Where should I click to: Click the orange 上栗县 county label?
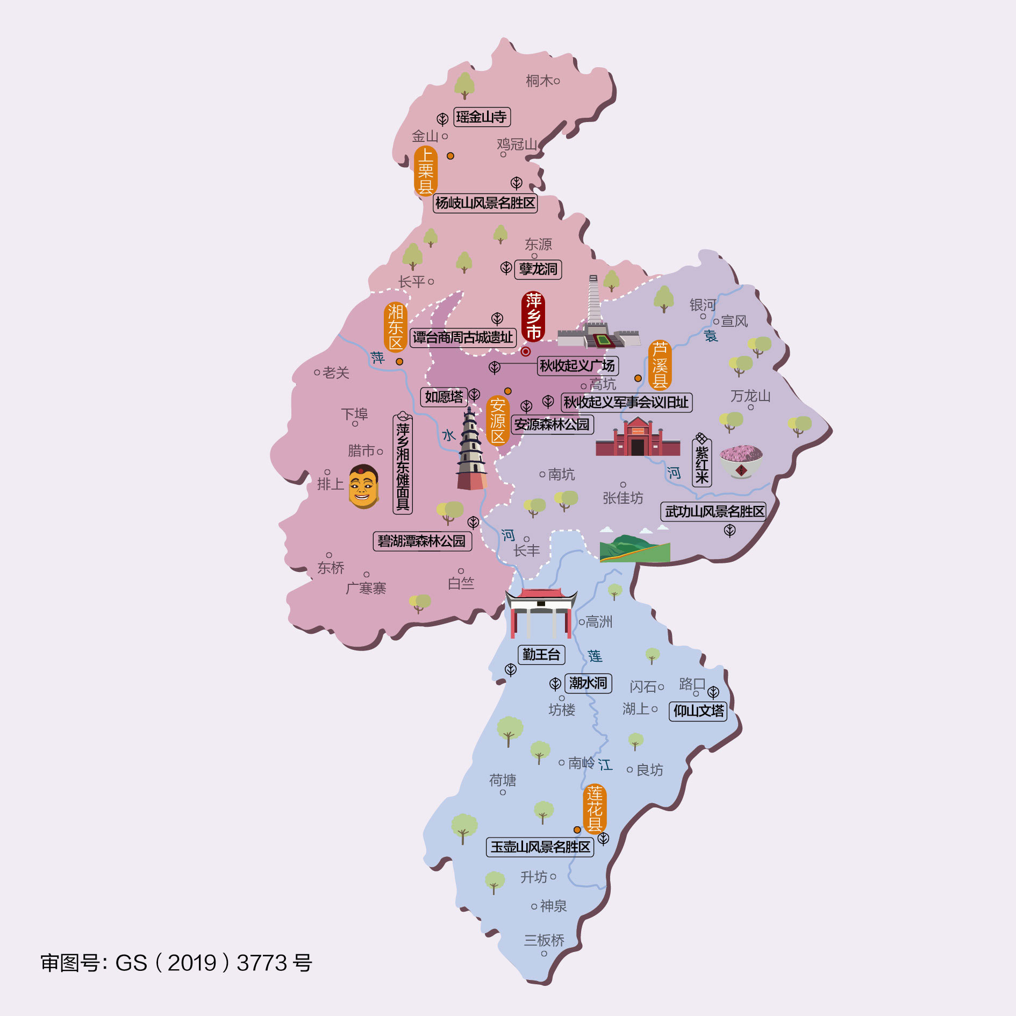(425, 171)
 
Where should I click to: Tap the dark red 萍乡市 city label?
(533, 317)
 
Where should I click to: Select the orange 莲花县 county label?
(595, 809)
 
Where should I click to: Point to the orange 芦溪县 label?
(660, 365)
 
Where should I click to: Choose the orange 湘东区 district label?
(396, 327)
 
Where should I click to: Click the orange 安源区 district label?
(498, 421)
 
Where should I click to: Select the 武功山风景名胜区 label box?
(714, 511)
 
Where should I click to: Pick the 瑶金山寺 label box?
(482, 117)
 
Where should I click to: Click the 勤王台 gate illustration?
(541, 612)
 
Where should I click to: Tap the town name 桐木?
(539, 81)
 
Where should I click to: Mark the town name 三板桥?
(544, 940)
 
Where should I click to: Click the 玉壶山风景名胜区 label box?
(540, 847)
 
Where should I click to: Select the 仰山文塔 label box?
(698, 711)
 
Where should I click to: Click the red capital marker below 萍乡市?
(526, 352)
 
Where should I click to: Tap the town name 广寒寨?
(366, 588)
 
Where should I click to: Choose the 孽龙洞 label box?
(538, 269)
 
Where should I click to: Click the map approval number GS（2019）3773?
(176, 963)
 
